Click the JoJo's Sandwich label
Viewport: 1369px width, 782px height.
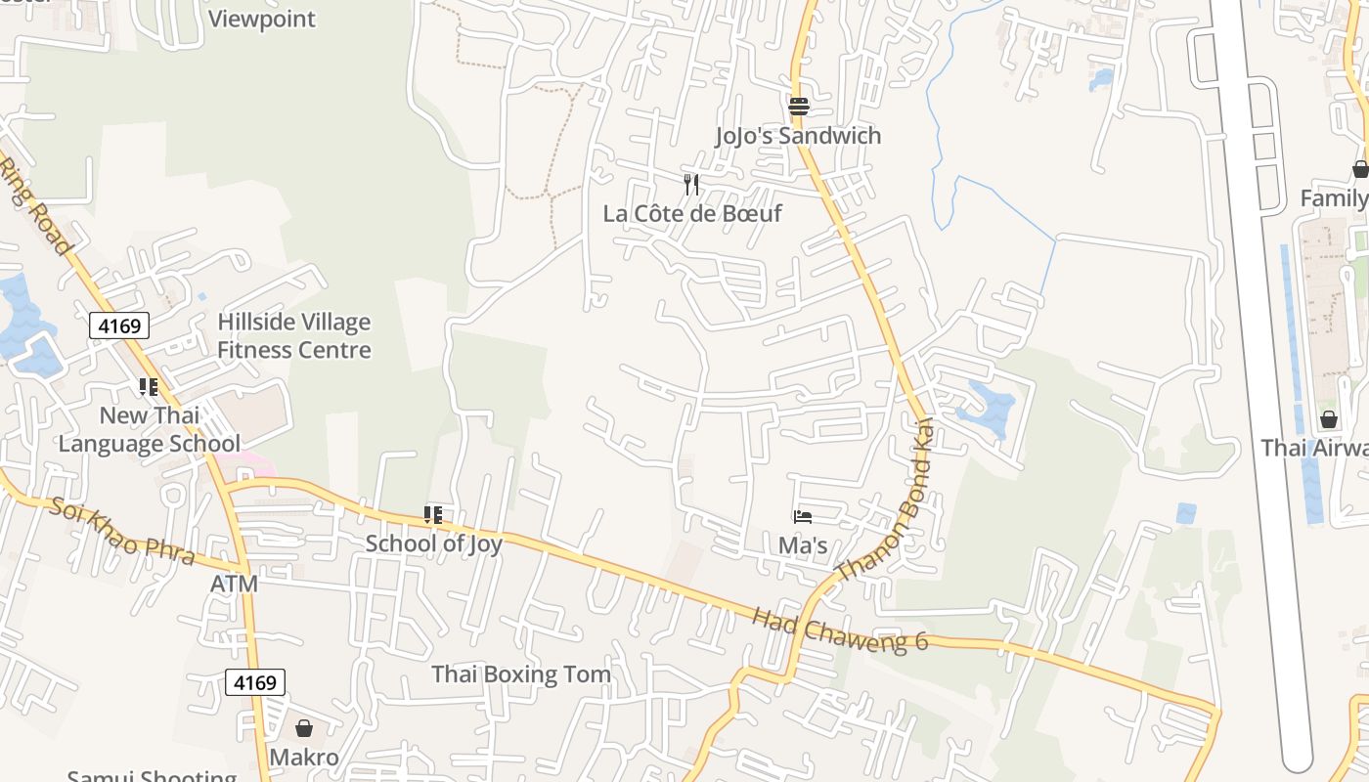point(798,136)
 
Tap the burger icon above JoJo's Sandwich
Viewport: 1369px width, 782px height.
point(799,106)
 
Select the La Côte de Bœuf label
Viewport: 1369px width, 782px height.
point(692,213)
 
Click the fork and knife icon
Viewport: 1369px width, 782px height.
point(691,184)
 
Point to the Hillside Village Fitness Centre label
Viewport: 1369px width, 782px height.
point(294,336)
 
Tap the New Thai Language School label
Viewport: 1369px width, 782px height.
point(149,430)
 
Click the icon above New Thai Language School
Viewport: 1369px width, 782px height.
point(149,387)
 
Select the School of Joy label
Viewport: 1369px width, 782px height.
point(434,543)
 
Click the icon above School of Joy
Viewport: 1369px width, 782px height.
point(433,514)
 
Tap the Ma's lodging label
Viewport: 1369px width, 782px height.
point(803,545)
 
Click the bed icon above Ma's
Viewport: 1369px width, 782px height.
point(803,516)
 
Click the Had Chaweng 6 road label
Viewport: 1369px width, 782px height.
point(840,630)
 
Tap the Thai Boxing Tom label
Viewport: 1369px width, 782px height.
point(521,674)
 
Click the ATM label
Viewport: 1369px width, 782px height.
point(235,585)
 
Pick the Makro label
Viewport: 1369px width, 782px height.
point(304,758)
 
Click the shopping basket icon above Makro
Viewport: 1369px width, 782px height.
point(304,728)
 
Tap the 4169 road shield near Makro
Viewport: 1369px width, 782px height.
point(255,682)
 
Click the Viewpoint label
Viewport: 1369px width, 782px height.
point(262,19)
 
